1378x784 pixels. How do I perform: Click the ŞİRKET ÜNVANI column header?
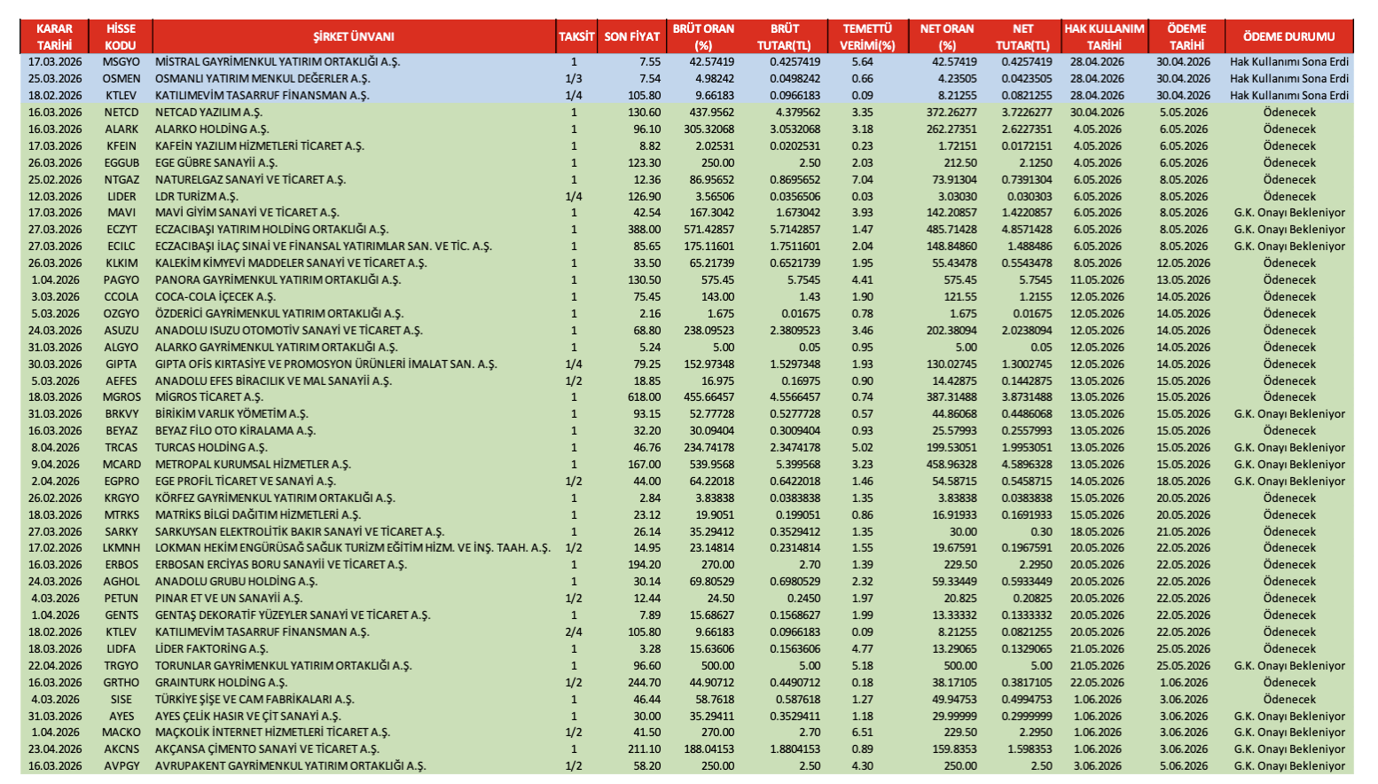[x=354, y=36]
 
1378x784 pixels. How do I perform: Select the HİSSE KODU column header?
[x=121, y=36]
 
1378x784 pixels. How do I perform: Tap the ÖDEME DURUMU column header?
[x=1288, y=36]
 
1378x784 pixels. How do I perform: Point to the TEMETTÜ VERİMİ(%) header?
[x=867, y=36]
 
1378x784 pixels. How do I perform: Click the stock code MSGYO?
[x=121, y=62]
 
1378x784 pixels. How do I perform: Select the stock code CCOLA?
[x=121, y=297]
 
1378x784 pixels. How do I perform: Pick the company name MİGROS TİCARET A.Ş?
[x=209, y=397]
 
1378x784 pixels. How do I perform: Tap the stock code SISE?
[x=121, y=700]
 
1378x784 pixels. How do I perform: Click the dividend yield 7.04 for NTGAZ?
[x=862, y=179]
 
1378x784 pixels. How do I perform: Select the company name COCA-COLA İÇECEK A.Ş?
[x=215, y=297]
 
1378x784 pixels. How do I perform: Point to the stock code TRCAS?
[x=121, y=448]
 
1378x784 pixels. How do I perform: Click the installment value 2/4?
[x=574, y=632]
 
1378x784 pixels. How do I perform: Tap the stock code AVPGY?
[x=121, y=766]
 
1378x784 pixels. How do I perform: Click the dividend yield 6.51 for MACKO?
[x=862, y=733]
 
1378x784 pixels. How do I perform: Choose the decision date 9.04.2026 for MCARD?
[x=55, y=465]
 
